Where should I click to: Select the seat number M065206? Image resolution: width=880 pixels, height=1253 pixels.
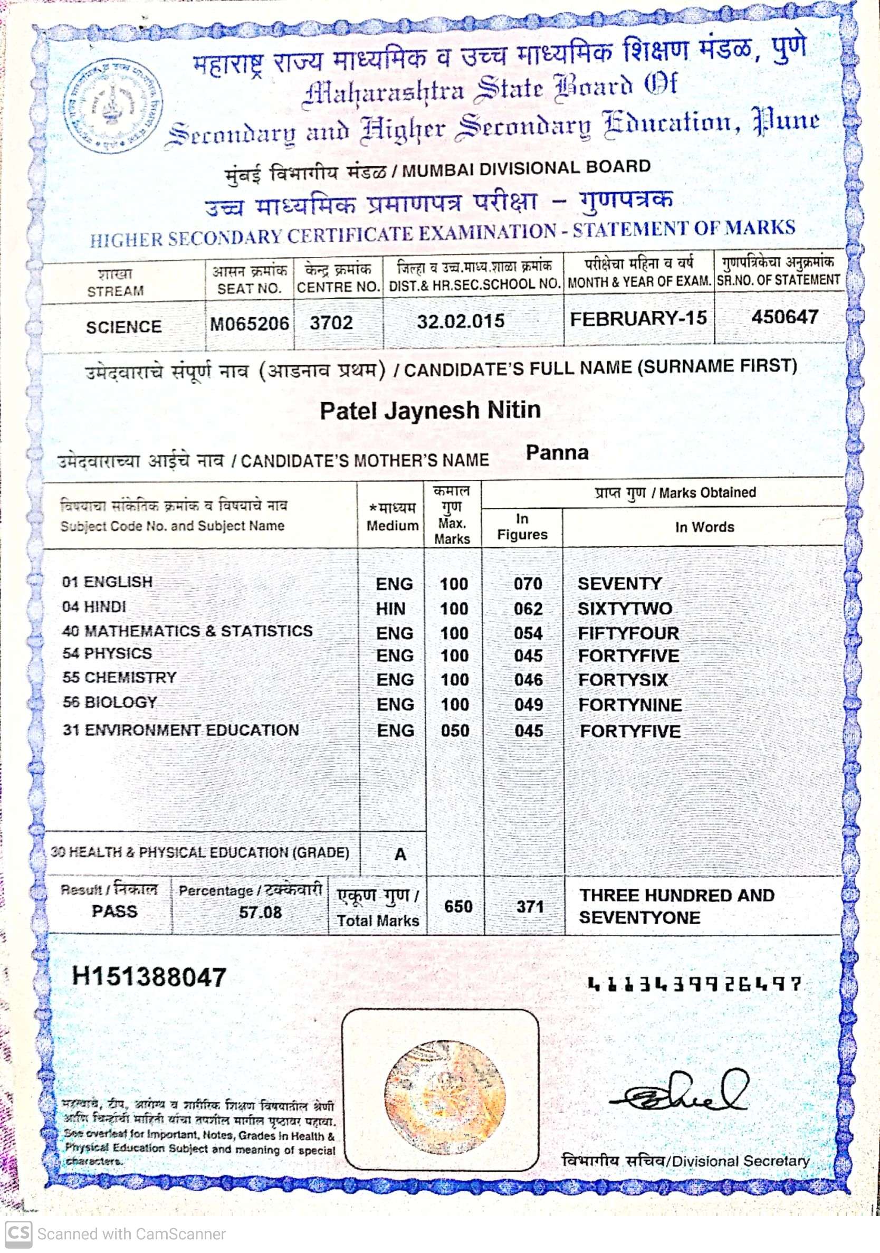[250, 324]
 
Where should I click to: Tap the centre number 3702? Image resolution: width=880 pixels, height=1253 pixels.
[331, 322]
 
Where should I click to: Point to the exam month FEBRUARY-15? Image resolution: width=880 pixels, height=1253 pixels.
[638, 318]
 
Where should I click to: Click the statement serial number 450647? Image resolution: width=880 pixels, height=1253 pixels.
[785, 317]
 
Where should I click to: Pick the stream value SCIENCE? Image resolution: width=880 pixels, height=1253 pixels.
[124, 327]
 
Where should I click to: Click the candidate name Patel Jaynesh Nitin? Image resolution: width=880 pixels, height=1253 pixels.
[430, 411]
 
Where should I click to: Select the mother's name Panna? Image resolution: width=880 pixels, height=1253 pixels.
[557, 452]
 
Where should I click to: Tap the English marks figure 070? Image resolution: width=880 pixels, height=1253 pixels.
[528, 583]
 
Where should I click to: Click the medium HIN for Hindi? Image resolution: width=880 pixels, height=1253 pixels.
[390, 609]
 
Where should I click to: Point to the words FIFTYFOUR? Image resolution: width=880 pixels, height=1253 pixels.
[628, 633]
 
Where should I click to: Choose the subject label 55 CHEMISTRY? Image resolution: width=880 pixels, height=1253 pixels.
[119, 677]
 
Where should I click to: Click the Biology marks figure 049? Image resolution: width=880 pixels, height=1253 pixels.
[528, 705]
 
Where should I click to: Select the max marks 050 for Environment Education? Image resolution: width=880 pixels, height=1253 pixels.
[455, 730]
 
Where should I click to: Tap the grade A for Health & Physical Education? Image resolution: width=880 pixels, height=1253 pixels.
[400, 854]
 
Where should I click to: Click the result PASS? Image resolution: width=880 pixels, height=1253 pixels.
[114, 911]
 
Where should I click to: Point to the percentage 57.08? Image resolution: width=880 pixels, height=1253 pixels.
[260, 912]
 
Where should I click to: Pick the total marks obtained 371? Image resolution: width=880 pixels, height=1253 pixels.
[530, 906]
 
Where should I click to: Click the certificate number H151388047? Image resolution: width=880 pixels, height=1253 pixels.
[149, 977]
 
